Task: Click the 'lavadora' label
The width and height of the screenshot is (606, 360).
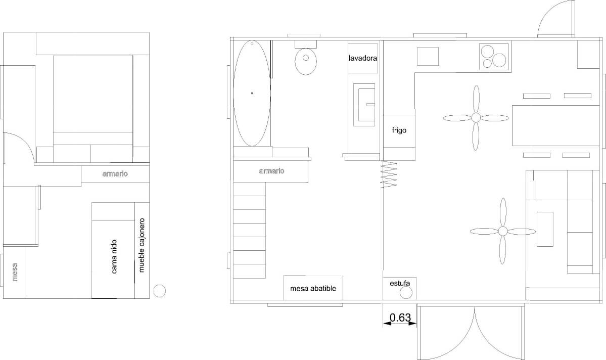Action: click(x=363, y=58)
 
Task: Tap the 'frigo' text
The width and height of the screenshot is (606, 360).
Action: click(x=399, y=130)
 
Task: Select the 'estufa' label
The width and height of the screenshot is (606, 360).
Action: click(x=400, y=283)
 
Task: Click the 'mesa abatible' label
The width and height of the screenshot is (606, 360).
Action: click(x=313, y=289)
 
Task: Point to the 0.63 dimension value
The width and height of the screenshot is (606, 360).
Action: click(x=400, y=318)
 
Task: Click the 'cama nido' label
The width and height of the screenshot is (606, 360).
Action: click(x=114, y=257)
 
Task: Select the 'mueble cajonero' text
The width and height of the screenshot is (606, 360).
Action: click(x=142, y=245)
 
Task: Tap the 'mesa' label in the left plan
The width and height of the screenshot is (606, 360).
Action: click(x=14, y=272)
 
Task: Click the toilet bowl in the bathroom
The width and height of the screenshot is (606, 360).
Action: click(x=305, y=61)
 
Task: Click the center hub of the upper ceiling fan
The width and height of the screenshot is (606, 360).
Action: click(x=476, y=118)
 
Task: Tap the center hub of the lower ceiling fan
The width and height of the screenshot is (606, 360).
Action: click(x=502, y=231)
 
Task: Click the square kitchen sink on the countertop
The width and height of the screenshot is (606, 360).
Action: click(x=428, y=56)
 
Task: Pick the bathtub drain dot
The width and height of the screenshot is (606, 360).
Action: click(x=252, y=93)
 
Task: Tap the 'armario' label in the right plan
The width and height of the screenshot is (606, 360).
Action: click(x=271, y=171)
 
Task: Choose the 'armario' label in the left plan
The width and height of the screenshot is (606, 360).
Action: click(x=115, y=174)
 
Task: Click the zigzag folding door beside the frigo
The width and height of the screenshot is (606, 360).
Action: click(x=390, y=174)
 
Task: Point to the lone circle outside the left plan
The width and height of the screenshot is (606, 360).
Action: click(x=159, y=290)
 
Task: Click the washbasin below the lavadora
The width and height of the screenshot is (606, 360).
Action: click(x=363, y=105)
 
